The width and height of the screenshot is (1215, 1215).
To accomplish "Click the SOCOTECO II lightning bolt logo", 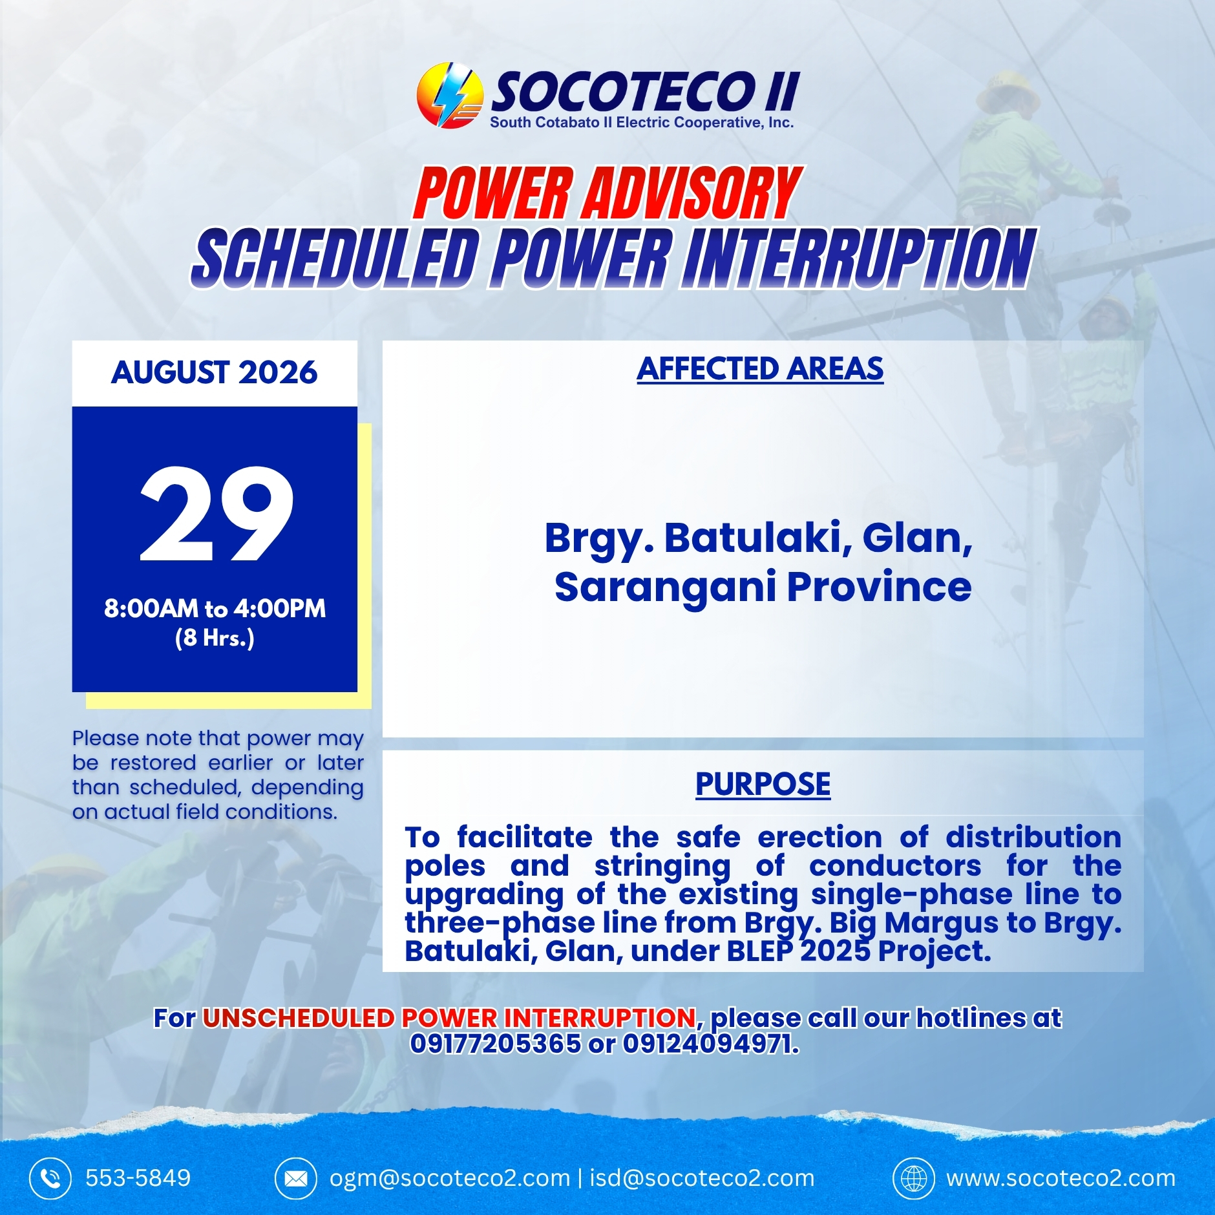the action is (449, 95).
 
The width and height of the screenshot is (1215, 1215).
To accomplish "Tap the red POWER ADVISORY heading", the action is (608, 193).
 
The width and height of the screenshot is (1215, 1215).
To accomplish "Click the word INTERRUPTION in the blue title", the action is (859, 258).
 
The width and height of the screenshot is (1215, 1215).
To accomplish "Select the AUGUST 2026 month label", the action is (215, 372).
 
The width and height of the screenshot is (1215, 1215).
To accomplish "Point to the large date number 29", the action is (217, 514).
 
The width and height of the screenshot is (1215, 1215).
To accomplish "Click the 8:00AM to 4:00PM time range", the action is (215, 608).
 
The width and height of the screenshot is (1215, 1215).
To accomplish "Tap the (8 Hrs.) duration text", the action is (215, 638).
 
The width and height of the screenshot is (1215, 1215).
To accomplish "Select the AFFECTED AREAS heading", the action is (760, 369).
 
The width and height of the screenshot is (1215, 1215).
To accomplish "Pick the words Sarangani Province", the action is (763, 587).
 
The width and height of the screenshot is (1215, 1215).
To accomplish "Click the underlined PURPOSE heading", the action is (763, 784).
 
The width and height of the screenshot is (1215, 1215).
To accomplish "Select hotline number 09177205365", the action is (496, 1043).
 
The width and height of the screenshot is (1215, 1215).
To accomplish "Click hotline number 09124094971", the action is (710, 1043).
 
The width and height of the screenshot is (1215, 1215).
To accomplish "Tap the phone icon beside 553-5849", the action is (50, 1179).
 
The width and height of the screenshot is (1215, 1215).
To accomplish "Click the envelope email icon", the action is (296, 1179).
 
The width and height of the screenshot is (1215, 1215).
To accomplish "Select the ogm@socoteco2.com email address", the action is (450, 1178).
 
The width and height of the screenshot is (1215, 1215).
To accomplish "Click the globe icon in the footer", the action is (914, 1179).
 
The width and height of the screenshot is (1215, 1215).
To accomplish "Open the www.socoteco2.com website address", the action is (1061, 1178).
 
